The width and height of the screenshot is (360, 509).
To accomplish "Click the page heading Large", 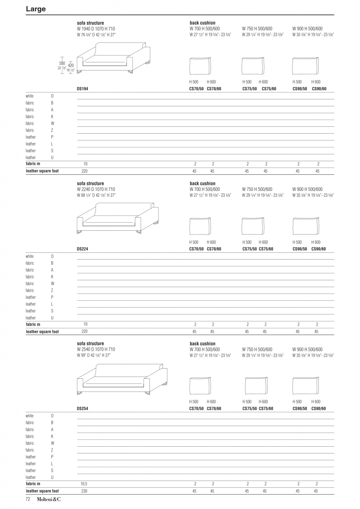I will [x=36, y=9].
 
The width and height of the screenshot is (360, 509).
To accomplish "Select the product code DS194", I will [x=82, y=89].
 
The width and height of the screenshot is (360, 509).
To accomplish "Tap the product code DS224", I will [x=82, y=249].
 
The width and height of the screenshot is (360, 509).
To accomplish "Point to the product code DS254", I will [x=82, y=408].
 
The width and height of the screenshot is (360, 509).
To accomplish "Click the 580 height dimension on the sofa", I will [x=62, y=63].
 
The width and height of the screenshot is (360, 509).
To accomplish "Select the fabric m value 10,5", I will [x=84, y=484].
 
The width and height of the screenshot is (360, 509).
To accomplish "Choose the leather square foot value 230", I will [x=84, y=491].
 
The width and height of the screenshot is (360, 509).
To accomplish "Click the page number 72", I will [x=28, y=499].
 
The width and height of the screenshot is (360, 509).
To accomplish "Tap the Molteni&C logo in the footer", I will [x=48, y=499].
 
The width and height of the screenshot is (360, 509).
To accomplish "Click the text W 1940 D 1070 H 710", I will [x=96, y=28].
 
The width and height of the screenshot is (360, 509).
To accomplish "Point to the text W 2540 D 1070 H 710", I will [x=96, y=349].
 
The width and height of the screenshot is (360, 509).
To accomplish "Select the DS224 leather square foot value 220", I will [x=84, y=331].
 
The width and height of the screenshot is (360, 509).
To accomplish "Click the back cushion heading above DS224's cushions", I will [x=202, y=183].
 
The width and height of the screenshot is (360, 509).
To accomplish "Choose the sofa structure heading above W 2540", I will [x=90, y=344].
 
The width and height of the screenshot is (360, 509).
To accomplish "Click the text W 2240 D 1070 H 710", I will [x=96, y=189].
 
